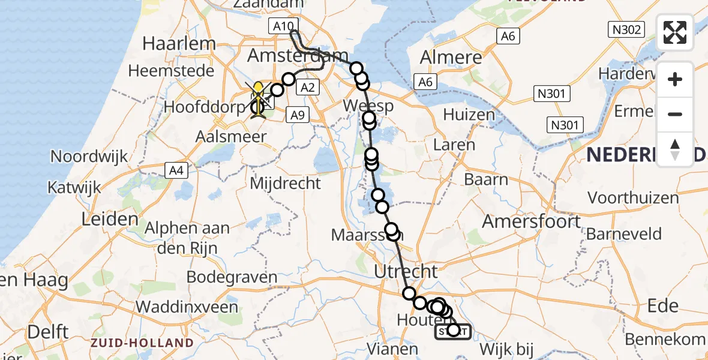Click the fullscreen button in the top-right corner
(x=675, y=32)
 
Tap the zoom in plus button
(x=675, y=79)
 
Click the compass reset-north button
(x=675, y=149)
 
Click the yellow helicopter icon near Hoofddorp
(x=258, y=98)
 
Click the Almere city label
(x=451, y=58)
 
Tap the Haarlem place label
(x=179, y=43)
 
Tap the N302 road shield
(x=626, y=29)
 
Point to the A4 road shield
(x=176, y=170)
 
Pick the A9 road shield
(x=297, y=115)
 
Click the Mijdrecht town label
(x=286, y=182)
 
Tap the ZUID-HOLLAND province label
(x=142, y=343)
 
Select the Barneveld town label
(x=624, y=233)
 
